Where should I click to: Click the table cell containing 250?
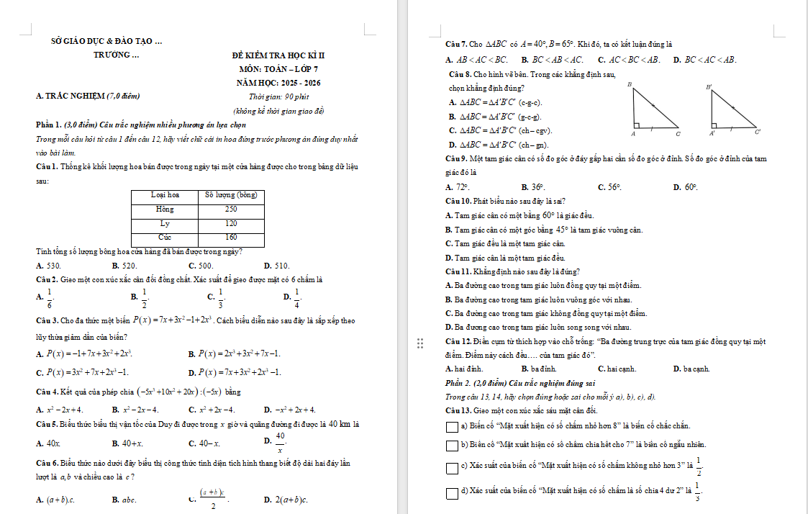tap(230, 209)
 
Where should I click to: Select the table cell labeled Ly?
tap(165, 223)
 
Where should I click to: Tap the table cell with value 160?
tap(230, 237)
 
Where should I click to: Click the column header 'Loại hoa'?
tap(165, 195)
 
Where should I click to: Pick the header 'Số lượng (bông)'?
tap(230, 195)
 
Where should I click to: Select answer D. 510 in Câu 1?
tap(277, 266)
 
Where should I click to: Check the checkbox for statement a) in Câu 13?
tap(452, 427)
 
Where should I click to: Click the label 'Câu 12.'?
tap(458, 341)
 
